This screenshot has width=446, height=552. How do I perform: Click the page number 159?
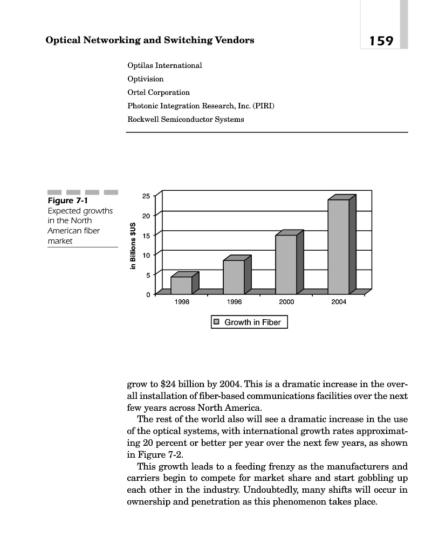point(381,41)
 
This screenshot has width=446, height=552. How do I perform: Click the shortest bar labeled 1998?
point(182,285)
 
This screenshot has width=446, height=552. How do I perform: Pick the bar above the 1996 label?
point(234,277)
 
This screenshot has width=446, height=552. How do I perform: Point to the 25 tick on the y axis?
point(147,196)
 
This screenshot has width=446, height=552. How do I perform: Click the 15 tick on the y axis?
point(147,235)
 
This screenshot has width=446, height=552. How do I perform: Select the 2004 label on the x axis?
point(339,302)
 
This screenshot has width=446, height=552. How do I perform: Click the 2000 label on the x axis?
point(286,302)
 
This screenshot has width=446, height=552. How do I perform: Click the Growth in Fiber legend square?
point(216,322)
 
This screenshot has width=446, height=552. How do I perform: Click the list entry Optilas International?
point(164,65)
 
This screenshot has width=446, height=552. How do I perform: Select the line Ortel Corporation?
point(159,92)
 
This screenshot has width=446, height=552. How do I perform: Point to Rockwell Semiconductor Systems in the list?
point(186,119)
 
